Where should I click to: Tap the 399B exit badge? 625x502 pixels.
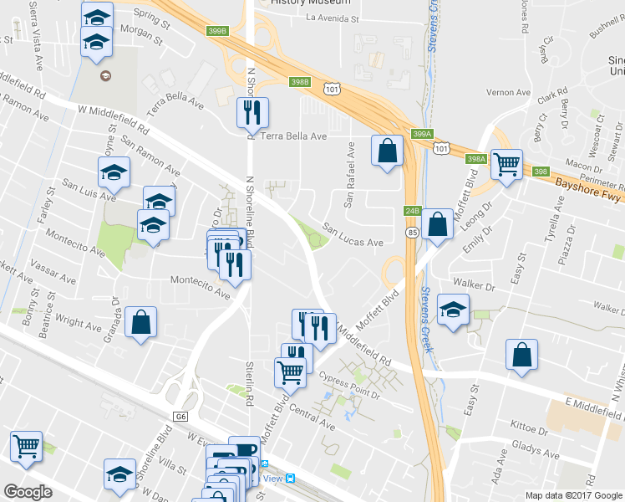pyautogui.click(x=216, y=31)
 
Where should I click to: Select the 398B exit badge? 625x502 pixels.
pyautogui.click(x=301, y=82)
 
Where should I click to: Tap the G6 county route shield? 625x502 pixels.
pyautogui.click(x=181, y=416)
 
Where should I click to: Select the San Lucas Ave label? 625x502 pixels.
pyautogui.click(x=353, y=235)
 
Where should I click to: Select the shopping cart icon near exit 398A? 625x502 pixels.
pyautogui.click(x=506, y=164)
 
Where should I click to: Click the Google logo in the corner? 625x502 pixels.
pyautogui.click(x=28, y=492)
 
